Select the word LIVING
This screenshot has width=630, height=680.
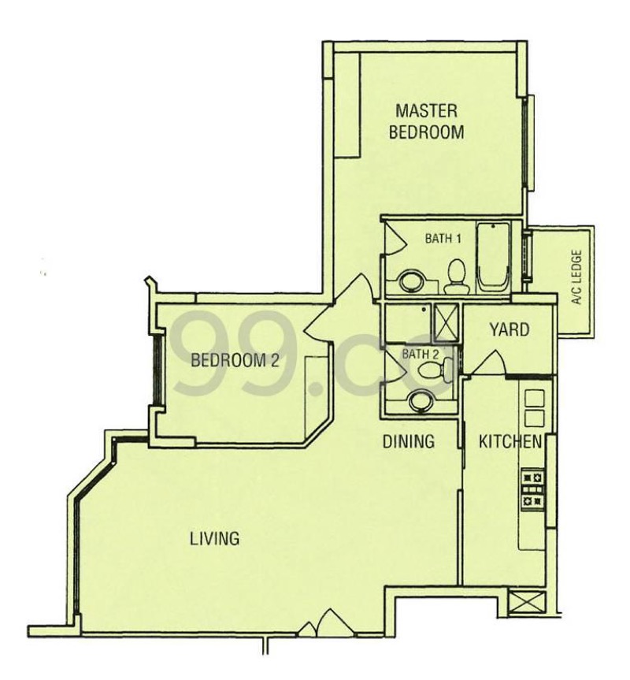click(214, 539)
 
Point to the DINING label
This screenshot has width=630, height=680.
click(408, 442)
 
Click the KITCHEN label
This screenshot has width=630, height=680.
click(510, 442)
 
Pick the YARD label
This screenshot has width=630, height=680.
click(509, 329)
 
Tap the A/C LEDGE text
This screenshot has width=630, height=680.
click(576, 278)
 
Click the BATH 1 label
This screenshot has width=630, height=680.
click(443, 239)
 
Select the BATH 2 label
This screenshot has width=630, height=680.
click(417, 354)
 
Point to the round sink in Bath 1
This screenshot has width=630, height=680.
click(409, 281)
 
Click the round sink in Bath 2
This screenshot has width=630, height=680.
click(421, 400)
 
